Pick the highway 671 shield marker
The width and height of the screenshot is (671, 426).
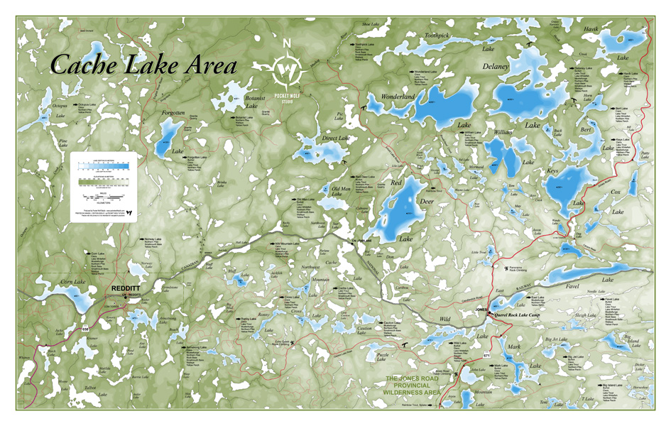pyautogui.click(x=486, y=354)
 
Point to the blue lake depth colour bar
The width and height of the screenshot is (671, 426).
pyautogui.click(x=103, y=167)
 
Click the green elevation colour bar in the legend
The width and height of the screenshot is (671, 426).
pyautogui.click(x=103, y=181)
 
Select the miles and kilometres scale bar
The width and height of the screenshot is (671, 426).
pyautogui.click(x=103, y=196)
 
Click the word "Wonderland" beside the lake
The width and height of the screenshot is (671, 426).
pyautogui.click(x=398, y=96)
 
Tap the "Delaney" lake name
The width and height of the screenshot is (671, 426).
pyautogui.click(x=495, y=66)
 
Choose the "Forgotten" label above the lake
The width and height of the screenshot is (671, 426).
pyautogui.click(x=173, y=113)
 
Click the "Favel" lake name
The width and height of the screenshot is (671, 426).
pyautogui.click(x=573, y=287)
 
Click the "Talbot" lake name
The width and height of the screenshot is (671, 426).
pyautogui.click(x=90, y=388)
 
